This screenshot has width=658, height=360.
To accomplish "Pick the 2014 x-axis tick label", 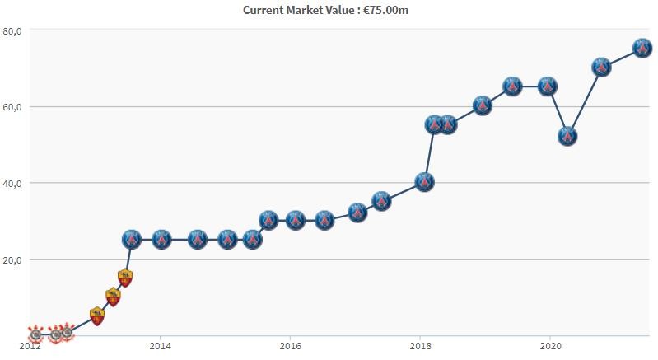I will [161, 347].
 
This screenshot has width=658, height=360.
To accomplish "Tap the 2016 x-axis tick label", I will [290, 347].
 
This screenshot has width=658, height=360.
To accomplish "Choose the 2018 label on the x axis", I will [420, 347].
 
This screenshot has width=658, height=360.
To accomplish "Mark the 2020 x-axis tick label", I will [550, 347].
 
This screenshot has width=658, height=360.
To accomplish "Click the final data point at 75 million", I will [642, 48].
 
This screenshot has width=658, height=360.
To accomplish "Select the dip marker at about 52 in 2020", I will [567, 136].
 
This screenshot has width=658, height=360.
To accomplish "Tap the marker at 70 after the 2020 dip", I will [601, 67].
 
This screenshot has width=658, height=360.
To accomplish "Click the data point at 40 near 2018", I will [424, 182].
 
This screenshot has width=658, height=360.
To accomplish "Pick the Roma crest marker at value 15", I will [125, 278].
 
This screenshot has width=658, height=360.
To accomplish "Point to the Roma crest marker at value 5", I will [97, 316].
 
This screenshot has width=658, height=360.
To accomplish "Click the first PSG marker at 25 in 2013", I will [131, 239].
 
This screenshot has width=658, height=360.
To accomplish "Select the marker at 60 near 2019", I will [483, 105].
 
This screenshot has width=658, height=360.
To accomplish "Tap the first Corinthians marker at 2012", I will [35, 334].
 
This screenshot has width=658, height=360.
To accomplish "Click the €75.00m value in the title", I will [390, 11].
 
